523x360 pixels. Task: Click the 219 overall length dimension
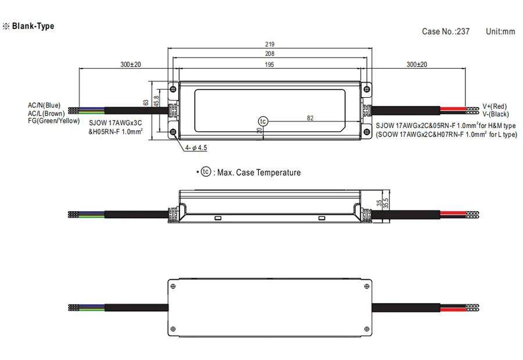tap(270, 44)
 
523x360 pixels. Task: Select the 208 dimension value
tap(270, 54)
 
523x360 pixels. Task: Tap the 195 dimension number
tap(269, 65)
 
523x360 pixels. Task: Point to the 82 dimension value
tap(310, 118)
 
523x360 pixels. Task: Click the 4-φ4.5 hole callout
tap(196, 148)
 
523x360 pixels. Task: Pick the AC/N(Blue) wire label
tap(44, 105)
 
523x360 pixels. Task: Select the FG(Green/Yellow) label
tap(53, 120)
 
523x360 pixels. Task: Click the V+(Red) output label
tap(495, 106)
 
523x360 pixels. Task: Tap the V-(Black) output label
tap(496, 114)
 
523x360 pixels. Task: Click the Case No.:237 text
tap(446, 31)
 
